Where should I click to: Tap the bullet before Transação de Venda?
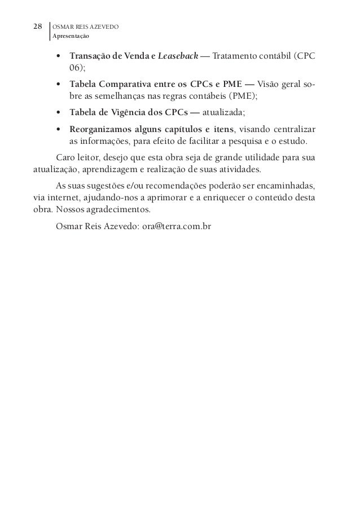coord(59,57)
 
